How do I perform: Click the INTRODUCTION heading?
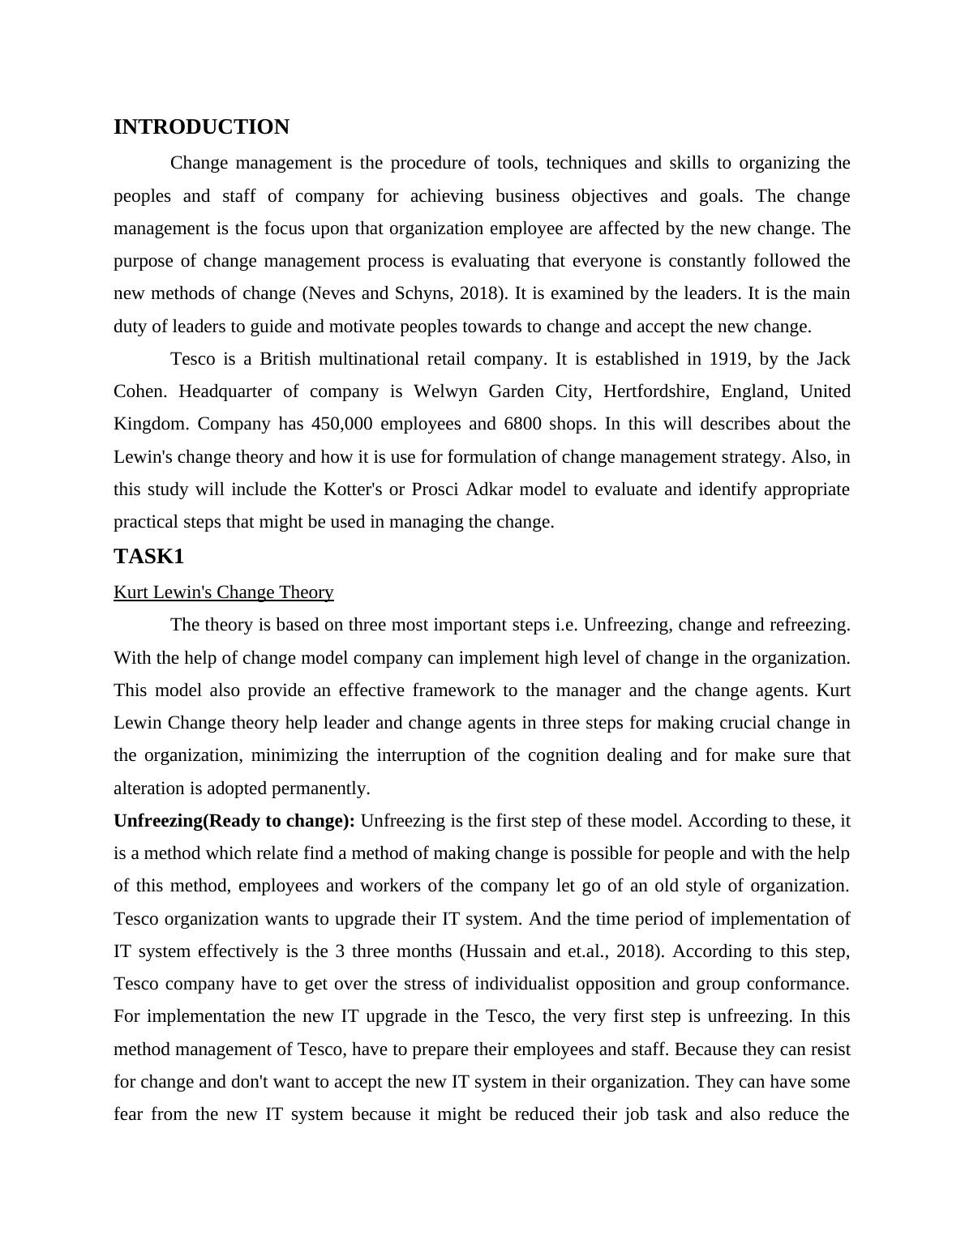click(x=201, y=127)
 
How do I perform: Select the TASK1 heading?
click(x=149, y=557)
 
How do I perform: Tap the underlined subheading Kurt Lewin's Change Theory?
click(x=223, y=592)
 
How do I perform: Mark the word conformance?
click(x=796, y=984)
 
